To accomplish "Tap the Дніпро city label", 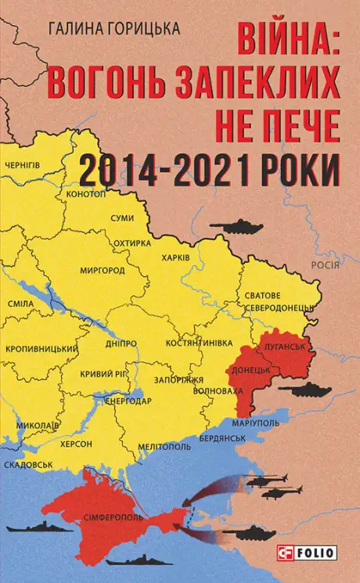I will [x=121, y=343].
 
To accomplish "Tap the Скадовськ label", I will [x=29, y=463].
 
